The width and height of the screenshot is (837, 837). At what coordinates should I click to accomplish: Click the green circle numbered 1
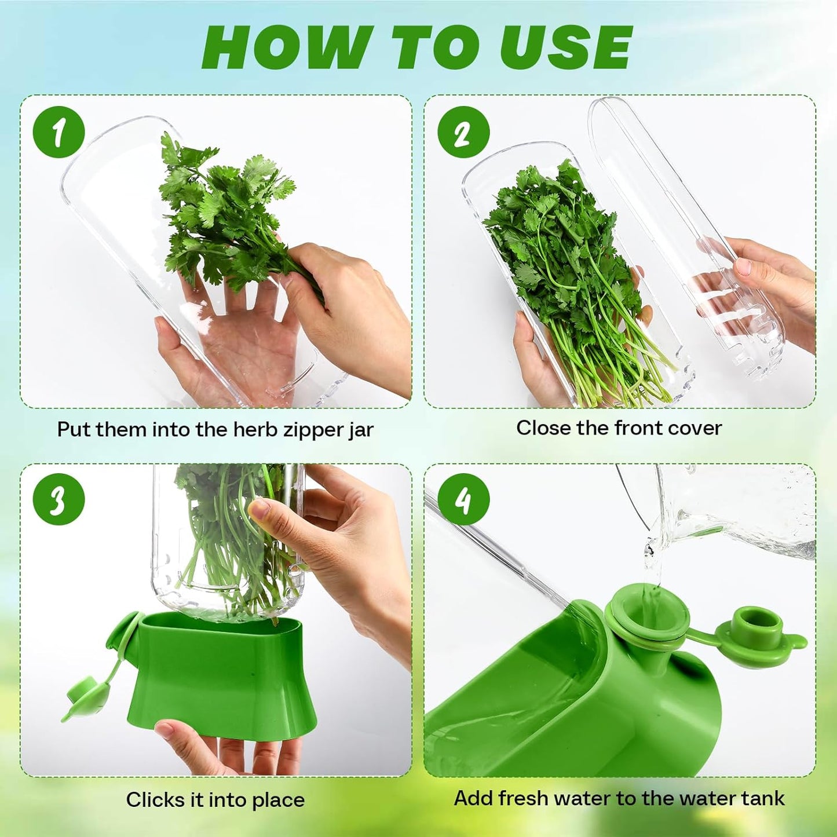tap(59, 132)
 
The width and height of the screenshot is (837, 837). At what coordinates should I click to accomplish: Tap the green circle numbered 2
tap(463, 132)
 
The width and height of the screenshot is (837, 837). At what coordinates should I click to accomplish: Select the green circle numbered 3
tap(59, 499)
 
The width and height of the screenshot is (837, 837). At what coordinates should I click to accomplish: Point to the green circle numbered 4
tap(463, 499)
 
